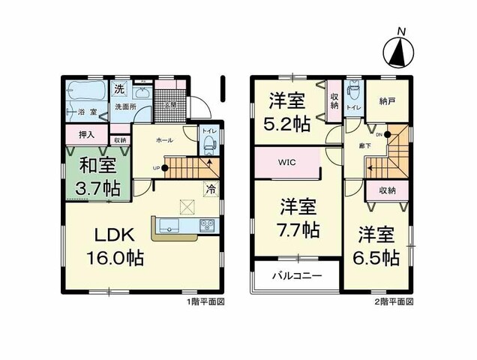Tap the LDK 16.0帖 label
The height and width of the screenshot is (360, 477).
point(112,244)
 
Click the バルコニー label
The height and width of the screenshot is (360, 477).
point(297,276)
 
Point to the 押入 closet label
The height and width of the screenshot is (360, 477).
point(86,135)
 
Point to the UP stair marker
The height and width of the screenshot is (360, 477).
point(155,168)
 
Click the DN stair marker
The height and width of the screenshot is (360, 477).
point(379,135)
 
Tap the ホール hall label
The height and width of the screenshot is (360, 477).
point(164,140)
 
